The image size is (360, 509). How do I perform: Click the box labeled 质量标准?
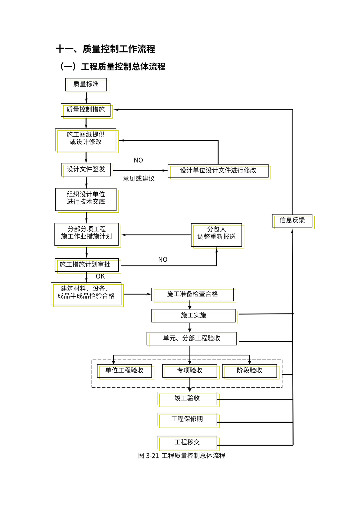(x=86, y=85)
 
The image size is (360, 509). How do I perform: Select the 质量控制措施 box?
(x=86, y=110)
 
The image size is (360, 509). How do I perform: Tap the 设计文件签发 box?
(x=86, y=170)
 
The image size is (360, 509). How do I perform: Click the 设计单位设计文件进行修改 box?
(x=218, y=171)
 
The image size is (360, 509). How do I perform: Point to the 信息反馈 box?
(x=292, y=221)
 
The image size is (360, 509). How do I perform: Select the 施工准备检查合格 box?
(x=193, y=294)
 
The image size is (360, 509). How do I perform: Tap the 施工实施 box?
(x=193, y=316)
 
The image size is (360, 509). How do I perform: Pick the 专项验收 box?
(x=190, y=371)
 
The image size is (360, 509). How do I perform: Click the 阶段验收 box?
(x=250, y=371)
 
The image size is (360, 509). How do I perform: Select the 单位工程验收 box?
(x=125, y=371)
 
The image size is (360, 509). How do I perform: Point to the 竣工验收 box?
(x=187, y=398)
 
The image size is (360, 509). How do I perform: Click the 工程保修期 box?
(x=187, y=420)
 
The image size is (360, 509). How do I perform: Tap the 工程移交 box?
(x=187, y=443)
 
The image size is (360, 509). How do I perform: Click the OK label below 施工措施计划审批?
(x=100, y=276)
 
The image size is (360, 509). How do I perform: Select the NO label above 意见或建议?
(x=138, y=160)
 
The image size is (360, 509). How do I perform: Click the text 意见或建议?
(x=139, y=179)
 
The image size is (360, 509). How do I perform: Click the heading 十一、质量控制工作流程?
(x=105, y=49)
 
